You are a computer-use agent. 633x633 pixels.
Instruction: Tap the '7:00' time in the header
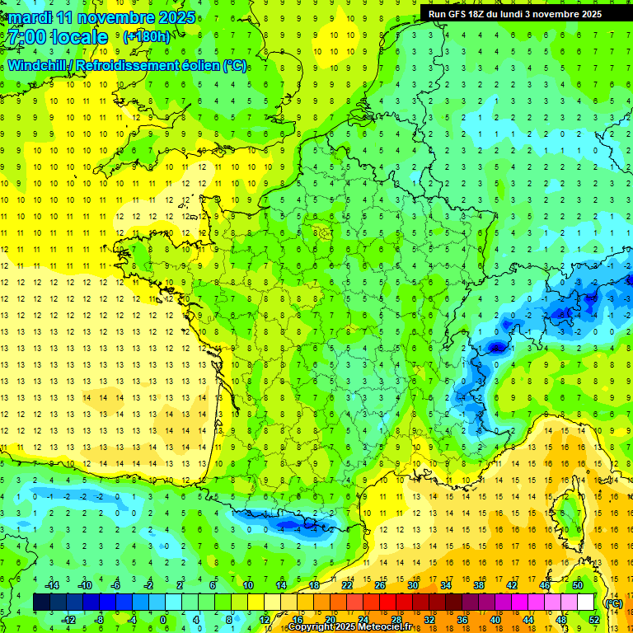25,37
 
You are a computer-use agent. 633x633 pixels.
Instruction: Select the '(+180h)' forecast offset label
146,36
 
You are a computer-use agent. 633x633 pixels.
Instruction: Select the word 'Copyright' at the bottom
312,627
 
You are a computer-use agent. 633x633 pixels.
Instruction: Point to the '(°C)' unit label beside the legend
613,603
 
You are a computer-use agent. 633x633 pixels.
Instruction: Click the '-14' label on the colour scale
54,585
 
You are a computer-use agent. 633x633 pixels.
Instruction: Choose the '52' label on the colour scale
593,619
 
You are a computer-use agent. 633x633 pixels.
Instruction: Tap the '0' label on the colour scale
162,619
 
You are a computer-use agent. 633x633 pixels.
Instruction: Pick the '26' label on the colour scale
380,585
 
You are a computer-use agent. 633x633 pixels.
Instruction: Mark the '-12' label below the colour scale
70,619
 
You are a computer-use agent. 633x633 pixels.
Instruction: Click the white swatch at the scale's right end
586,603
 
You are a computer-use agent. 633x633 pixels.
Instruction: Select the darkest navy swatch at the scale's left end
41,603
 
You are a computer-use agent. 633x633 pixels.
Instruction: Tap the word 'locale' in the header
78,37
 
